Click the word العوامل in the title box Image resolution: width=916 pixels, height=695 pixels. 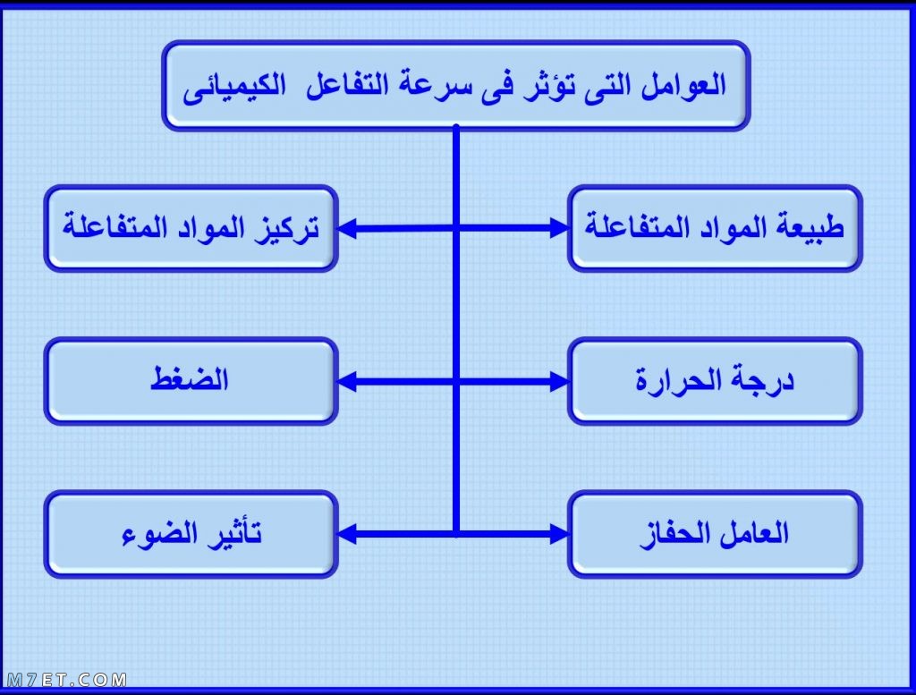(x=683, y=86)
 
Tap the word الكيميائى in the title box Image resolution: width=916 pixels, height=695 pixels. (x=234, y=88)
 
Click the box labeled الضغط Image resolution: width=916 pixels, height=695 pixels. (x=191, y=381)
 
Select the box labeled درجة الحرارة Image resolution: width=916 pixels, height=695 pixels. (x=715, y=381)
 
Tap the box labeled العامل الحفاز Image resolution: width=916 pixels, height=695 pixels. (x=715, y=534)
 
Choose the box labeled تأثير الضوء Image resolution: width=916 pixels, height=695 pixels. (x=191, y=534)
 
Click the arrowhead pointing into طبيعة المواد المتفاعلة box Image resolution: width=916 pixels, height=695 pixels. (x=560, y=228)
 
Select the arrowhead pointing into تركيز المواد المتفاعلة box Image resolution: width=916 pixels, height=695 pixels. (x=347, y=228)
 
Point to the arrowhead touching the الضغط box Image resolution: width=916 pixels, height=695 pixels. (x=347, y=381)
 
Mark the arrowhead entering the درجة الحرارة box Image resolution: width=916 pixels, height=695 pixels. (x=560, y=381)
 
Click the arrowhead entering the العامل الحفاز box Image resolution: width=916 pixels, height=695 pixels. (x=560, y=534)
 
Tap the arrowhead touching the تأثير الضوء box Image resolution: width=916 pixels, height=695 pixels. (x=347, y=534)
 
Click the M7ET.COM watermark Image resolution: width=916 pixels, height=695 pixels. (x=66, y=680)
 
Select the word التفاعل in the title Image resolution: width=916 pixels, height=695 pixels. (x=347, y=86)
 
